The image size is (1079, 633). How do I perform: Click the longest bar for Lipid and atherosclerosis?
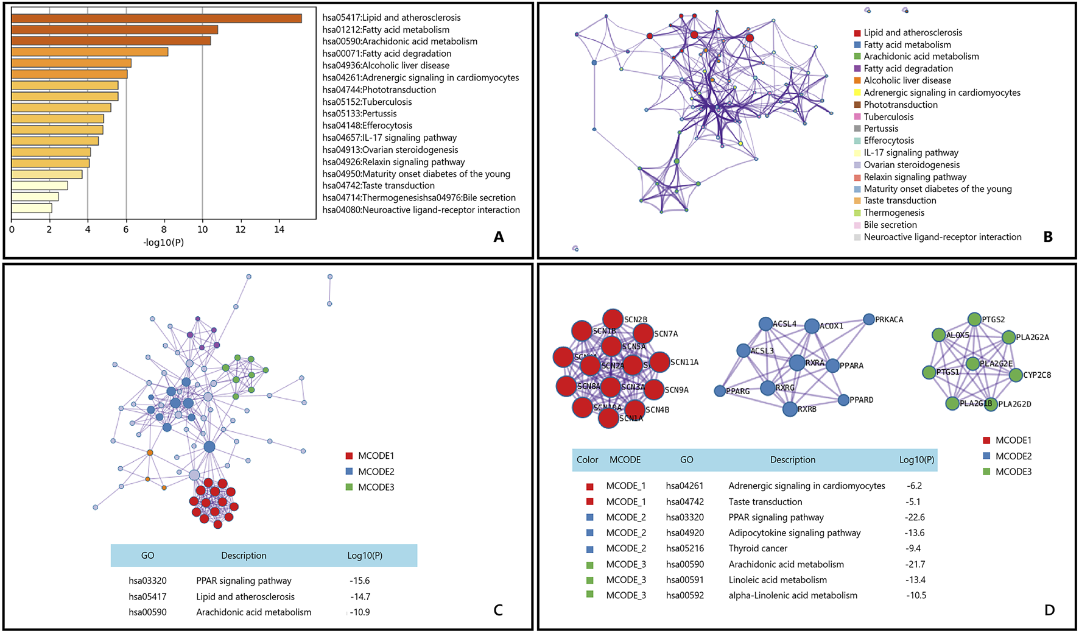click(x=156, y=18)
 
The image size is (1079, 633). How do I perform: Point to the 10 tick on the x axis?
click(x=202, y=230)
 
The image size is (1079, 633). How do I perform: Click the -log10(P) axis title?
click(x=163, y=242)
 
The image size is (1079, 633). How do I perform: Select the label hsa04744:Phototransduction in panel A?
click(x=379, y=90)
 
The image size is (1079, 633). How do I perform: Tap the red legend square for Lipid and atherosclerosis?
click(x=857, y=33)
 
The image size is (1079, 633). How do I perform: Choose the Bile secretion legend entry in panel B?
click(x=890, y=225)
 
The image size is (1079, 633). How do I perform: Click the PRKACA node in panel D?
click(x=870, y=319)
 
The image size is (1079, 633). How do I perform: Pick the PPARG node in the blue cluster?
click(x=720, y=391)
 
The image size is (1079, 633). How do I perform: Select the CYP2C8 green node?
click(x=1016, y=375)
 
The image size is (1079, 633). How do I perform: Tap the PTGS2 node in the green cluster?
click(x=974, y=319)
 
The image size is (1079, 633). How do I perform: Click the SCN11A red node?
click(x=659, y=362)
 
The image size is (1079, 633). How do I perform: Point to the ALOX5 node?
click(x=939, y=334)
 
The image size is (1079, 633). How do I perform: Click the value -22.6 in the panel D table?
click(x=915, y=517)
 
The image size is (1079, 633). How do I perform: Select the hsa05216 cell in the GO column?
click(x=684, y=548)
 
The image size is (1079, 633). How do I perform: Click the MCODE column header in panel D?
click(x=625, y=460)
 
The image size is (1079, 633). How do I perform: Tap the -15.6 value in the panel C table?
click(x=359, y=581)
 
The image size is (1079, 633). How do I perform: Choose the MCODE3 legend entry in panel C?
click(x=375, y=487)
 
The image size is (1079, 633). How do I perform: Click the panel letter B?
click(x=1048, y=237)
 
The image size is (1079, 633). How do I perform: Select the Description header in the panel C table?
click(x=244, y=556)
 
